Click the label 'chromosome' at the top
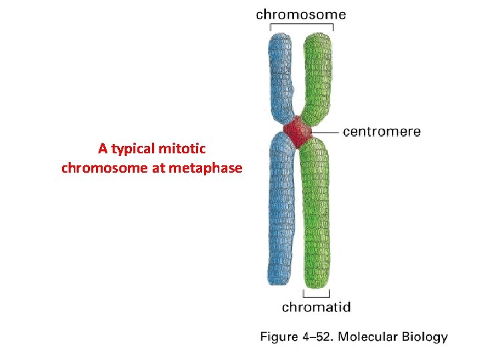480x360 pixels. pyautogui.click(x=301, y=13)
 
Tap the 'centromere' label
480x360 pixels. pyautogui.click(x=382, y=132)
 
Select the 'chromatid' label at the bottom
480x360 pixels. pyautogui.click(x=316, y=307)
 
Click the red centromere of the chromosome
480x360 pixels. pyautogui.click(x=297, y=132)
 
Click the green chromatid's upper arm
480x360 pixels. pyautogui.click(x=317, y=73)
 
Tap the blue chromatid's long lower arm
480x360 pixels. pyautogui.click(x=281, y=213)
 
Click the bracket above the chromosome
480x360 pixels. pyautogui.click(x=301, y=26)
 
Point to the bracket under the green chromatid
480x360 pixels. pyautogui.click(x=317, y=295)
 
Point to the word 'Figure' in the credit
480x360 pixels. pyautogui.click(x=279, y=338)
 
